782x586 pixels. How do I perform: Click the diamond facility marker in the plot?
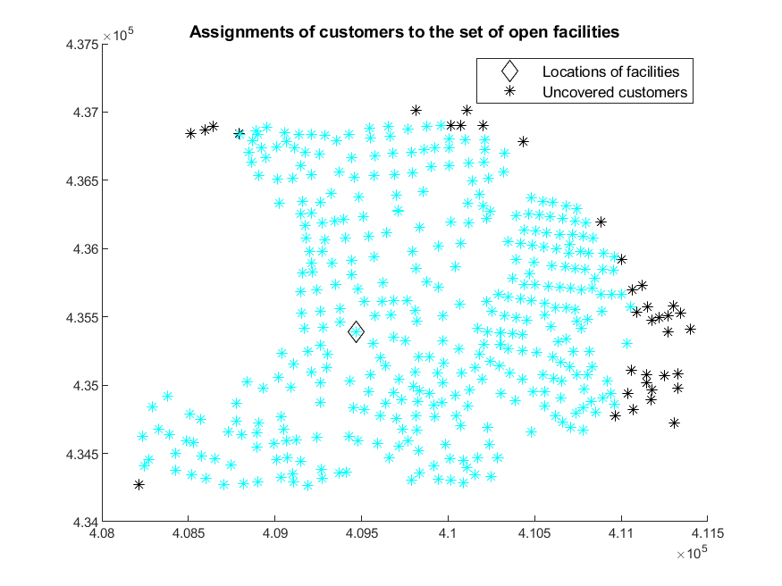click(356, 331)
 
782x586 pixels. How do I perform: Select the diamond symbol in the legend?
click(509, 71)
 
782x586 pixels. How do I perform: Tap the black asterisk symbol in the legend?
click(509, 91)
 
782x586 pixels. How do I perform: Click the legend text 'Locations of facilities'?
click(610, 71)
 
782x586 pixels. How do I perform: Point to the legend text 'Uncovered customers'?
click(615, 92)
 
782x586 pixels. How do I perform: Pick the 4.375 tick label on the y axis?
click(82, 45)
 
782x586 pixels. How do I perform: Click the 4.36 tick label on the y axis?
click(86, 248)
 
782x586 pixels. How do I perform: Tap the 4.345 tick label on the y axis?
click(82, 454)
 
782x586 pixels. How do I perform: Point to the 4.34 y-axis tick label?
click(86, 523)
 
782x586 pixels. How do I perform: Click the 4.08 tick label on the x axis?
click(102, 533)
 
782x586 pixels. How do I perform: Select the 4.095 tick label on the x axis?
click(362, 533)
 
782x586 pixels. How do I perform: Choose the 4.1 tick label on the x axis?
click(448, 533)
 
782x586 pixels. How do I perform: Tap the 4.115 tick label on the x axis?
click(707, 533)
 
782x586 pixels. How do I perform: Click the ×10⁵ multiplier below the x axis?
click(692, 553)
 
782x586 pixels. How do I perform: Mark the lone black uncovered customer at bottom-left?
click(139, 484)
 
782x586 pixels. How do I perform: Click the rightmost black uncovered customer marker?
click(690, 330)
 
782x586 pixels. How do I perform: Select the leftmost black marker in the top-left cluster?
click(190, 133)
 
